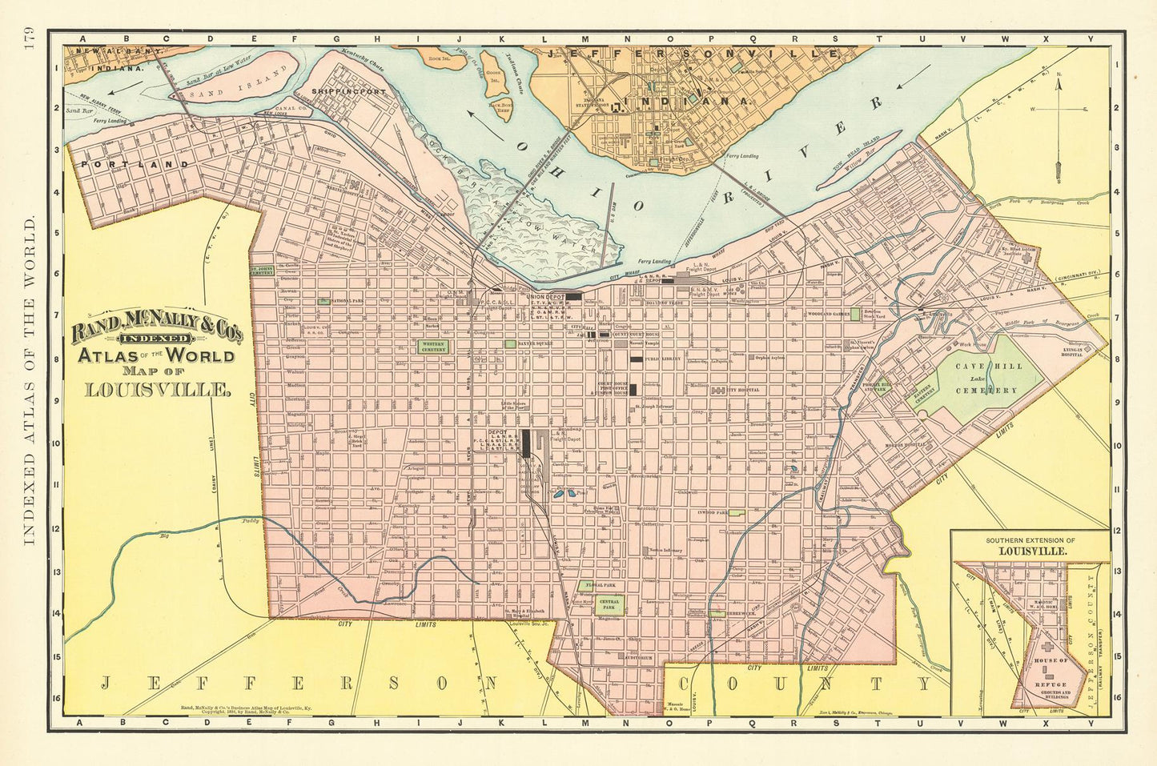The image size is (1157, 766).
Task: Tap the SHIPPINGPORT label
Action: (349, 91)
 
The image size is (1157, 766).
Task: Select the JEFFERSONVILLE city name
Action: (693, 53)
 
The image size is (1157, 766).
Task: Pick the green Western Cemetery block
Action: (432, 347)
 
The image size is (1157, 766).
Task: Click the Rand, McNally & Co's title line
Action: (158, 328)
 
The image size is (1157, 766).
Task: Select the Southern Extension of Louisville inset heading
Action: (1030, 547)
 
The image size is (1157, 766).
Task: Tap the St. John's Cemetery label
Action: (262, 271)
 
